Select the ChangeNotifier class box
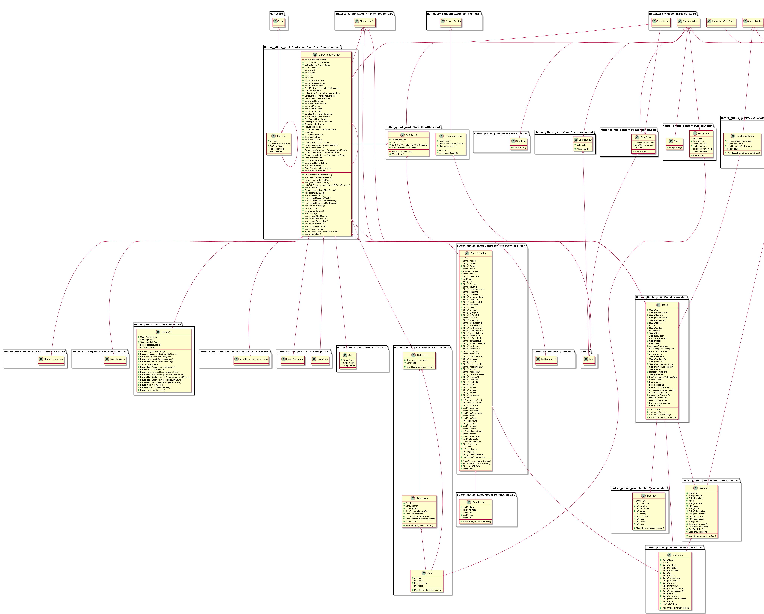tap(365, 21)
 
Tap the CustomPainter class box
tap(451, 21)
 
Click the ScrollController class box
tap(115, 359)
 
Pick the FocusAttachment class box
tap(293, 359)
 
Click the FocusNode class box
tap(320, 359)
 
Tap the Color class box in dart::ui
tap(589, 359)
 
